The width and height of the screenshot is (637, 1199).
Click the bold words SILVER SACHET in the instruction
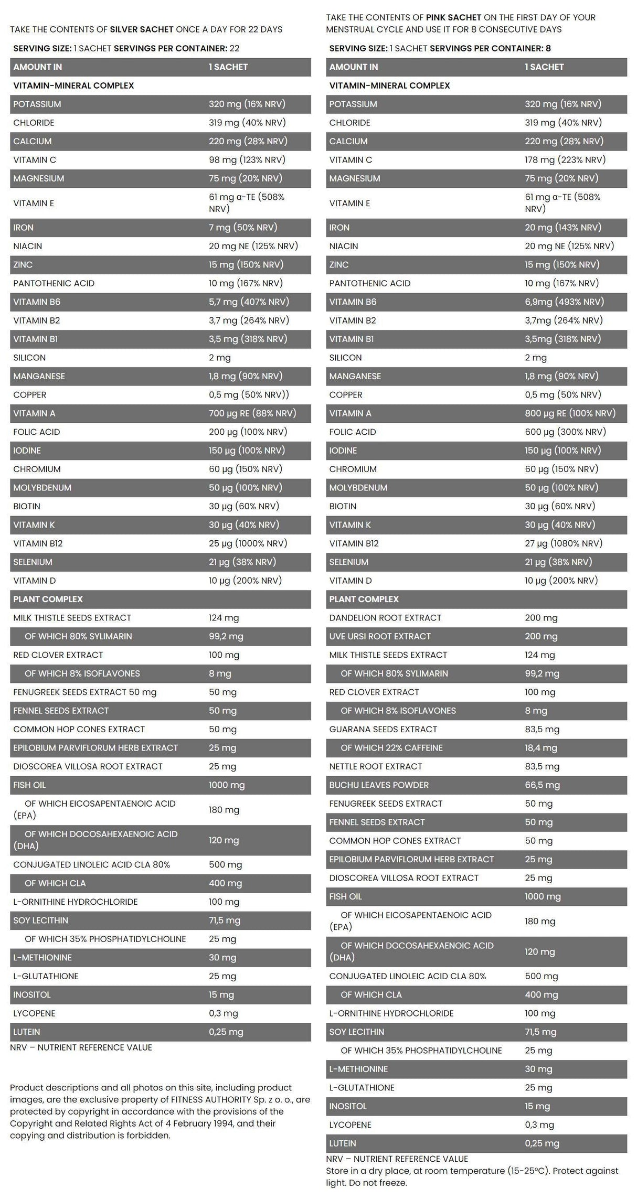point(142,29)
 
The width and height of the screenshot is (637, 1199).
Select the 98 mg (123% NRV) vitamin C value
point(247,159)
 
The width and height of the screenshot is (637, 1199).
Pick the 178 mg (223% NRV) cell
point(565,159)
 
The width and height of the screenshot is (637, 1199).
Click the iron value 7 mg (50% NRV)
point(242,227)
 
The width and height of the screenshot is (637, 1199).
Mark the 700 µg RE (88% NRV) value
point(252,413)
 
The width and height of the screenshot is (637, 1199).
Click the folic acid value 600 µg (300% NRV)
point(565,432)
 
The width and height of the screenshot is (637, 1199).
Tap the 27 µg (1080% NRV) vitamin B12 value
point(563,543)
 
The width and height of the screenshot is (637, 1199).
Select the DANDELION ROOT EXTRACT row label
point(385,617)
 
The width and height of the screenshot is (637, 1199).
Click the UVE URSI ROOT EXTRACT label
point(380,636)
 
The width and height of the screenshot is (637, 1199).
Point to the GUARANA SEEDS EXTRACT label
point(383,729)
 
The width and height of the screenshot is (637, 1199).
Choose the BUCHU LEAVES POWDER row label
point(379,785)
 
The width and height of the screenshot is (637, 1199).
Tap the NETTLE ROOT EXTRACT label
point(376,766)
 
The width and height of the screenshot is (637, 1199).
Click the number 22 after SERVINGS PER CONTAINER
point(235,48)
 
